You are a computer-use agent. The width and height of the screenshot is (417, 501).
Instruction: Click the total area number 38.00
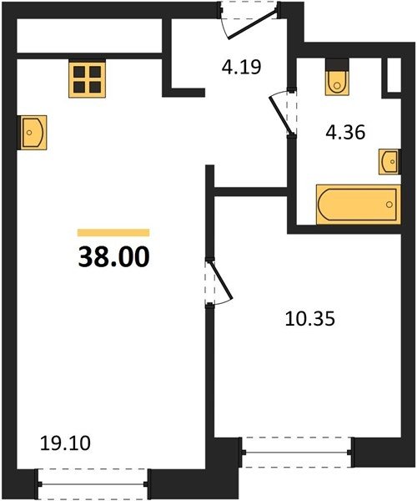click(x=114, y=257)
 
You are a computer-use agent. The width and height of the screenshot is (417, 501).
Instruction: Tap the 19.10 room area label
click(x=65, y=443)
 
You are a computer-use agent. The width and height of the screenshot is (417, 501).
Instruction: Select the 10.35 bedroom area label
click(x=309, y=319)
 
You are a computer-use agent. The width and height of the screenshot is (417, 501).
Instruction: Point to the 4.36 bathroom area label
click(x=345, y=132)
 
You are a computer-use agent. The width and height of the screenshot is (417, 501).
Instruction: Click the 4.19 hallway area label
click(x=242, y=67)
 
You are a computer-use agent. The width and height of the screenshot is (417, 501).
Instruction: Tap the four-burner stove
click(x=87, y=79)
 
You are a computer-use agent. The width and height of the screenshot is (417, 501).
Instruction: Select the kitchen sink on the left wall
click(x=33, y=133)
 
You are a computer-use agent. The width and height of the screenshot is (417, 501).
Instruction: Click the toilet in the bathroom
click(x=337, y=77)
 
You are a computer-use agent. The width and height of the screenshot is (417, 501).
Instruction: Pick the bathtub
click(x=359, y=205)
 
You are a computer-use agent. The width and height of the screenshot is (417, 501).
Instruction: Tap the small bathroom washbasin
click(x=389, y=162)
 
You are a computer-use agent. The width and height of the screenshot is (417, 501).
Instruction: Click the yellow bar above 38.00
click(x=113, y=233)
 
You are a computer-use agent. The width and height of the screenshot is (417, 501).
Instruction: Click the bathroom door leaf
click(x=281, y=115)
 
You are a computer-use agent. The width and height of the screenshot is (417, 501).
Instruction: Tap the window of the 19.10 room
click(x=93, y=484)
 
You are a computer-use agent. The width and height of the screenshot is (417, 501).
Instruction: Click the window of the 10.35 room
click(x=297, y=452)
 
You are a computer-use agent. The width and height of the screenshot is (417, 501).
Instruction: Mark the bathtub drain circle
click(x=389, y=205)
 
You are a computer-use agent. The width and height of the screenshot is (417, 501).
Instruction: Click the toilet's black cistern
click(x=337, y=64)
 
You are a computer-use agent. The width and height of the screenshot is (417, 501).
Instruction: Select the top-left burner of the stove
click(x=79, y=72)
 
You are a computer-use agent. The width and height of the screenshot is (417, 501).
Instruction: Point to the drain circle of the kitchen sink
click(x=29, y=133)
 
